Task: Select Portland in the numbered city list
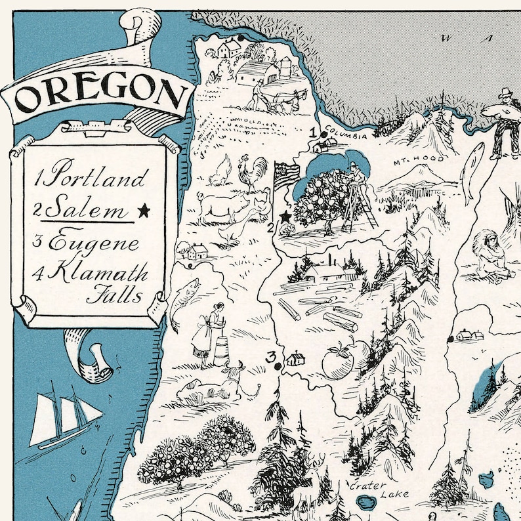click(x=98, y=178)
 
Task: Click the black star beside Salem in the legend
click(x=144, y=210)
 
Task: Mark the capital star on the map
click(x=285, y=216)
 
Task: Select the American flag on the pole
click(x=286, y=176)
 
